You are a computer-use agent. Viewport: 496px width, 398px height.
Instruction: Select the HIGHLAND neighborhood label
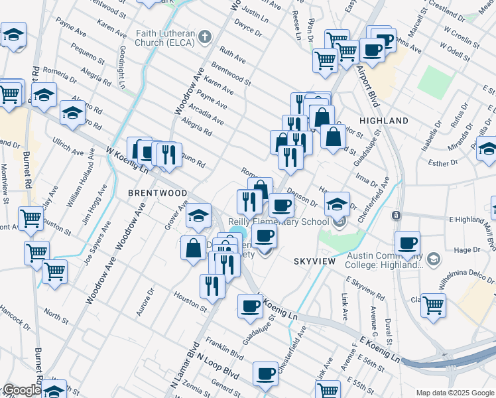tap(383, 121)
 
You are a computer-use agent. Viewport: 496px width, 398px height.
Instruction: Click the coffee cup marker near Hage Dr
tap(407, 242)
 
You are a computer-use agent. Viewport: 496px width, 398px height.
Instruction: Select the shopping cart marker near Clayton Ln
tap(433, 305)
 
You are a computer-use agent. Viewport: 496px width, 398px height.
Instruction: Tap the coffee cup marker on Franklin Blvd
tap(265, 374)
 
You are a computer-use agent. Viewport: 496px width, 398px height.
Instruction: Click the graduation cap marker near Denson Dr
tap(337, 204)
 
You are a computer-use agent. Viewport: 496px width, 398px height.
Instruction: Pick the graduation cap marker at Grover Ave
tap(198, 215)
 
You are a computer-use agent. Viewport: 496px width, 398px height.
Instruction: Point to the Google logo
tap(21, 390)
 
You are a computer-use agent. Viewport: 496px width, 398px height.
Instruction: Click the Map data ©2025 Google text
tap(455, 393)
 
